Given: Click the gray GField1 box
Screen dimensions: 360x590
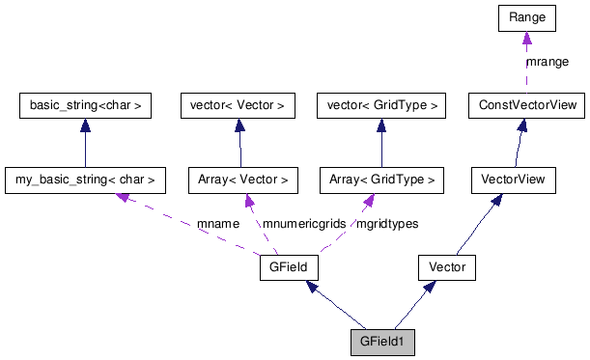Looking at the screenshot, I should click(382, 342).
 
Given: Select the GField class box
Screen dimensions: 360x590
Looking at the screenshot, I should click(289, 267).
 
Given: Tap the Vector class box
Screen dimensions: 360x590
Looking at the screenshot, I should click(446, 267).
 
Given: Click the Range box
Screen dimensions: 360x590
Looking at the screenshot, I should click(526, 16).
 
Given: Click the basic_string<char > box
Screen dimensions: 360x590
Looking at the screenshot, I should click(85, 104).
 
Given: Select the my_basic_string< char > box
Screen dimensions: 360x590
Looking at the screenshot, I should click(85, 180).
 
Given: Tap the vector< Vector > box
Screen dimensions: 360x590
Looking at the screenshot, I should click(239, 104).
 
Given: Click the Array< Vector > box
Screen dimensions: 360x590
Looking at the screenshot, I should click(239, 180).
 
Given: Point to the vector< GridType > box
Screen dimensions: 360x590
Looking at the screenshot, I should click(380, 104).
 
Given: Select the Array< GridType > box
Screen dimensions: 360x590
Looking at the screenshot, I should click(380, 180).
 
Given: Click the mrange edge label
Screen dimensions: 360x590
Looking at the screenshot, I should click(547, 62).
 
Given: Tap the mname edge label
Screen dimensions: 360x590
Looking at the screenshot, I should click(217, 224).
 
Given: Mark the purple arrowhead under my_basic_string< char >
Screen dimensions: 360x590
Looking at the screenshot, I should click(123, 196).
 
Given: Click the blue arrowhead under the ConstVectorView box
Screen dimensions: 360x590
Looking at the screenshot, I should click(521, 125).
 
